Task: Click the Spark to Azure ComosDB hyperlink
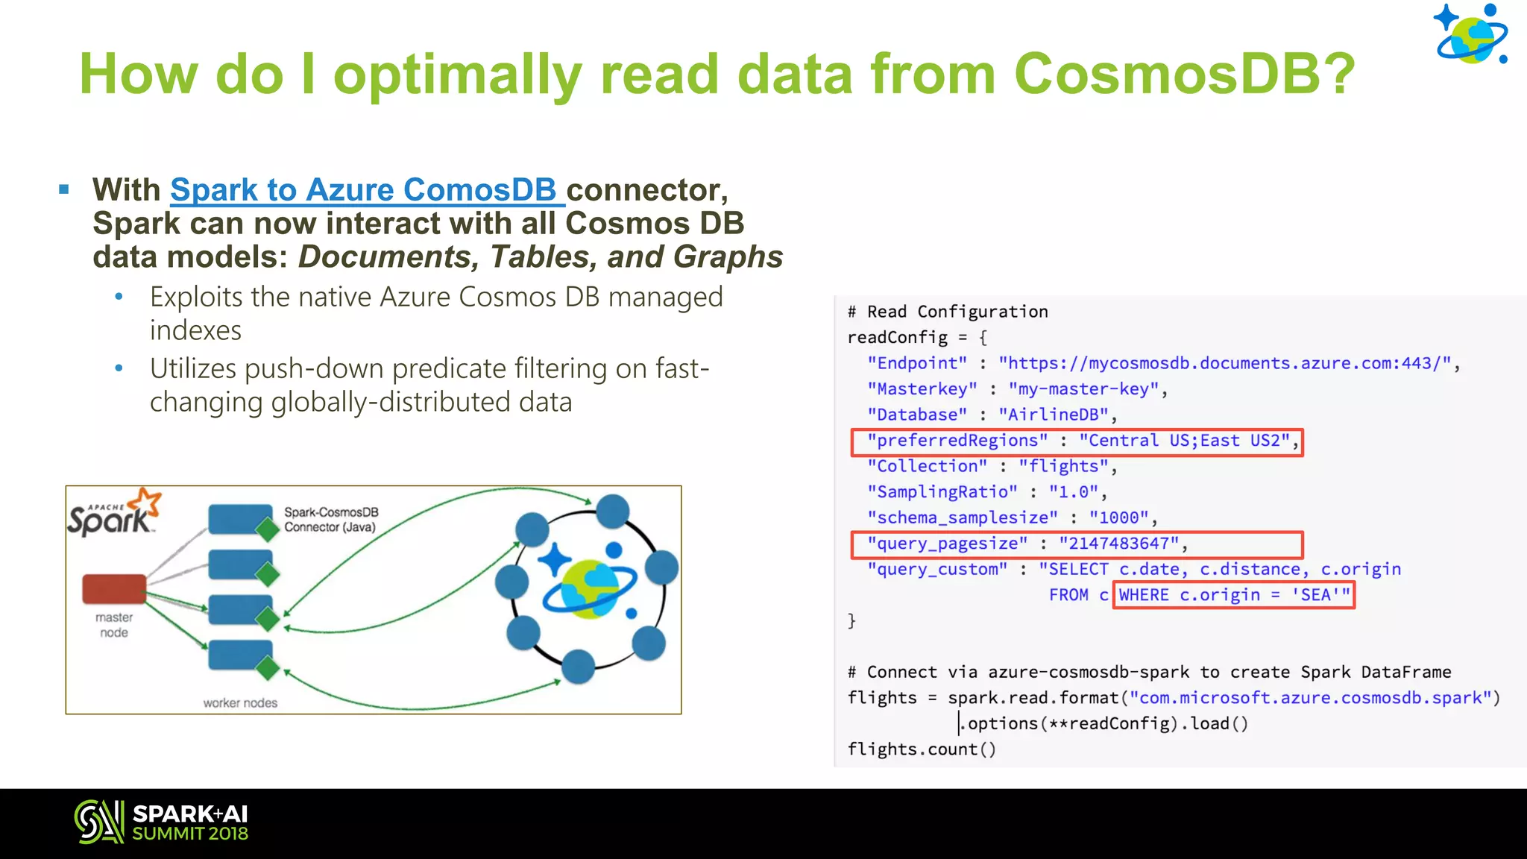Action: point(363,190)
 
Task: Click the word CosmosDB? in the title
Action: point(1184,74)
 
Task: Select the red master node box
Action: point(114,588)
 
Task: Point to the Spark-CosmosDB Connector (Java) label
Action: point(331,520)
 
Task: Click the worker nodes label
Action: point(240,702)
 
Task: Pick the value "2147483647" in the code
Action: point(1119,544)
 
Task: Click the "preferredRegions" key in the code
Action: point(957,441)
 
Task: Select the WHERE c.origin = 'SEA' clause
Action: point(1234,595)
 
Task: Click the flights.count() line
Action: point(922,749)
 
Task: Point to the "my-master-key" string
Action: point(1083,389)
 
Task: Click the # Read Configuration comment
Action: point(948,312)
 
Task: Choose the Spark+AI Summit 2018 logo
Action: point(161,822)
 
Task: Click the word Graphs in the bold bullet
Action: point(728,257)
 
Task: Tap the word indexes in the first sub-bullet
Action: point(195,330)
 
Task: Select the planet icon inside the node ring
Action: point(589,589)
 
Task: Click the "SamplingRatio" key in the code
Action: point(942,492)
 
